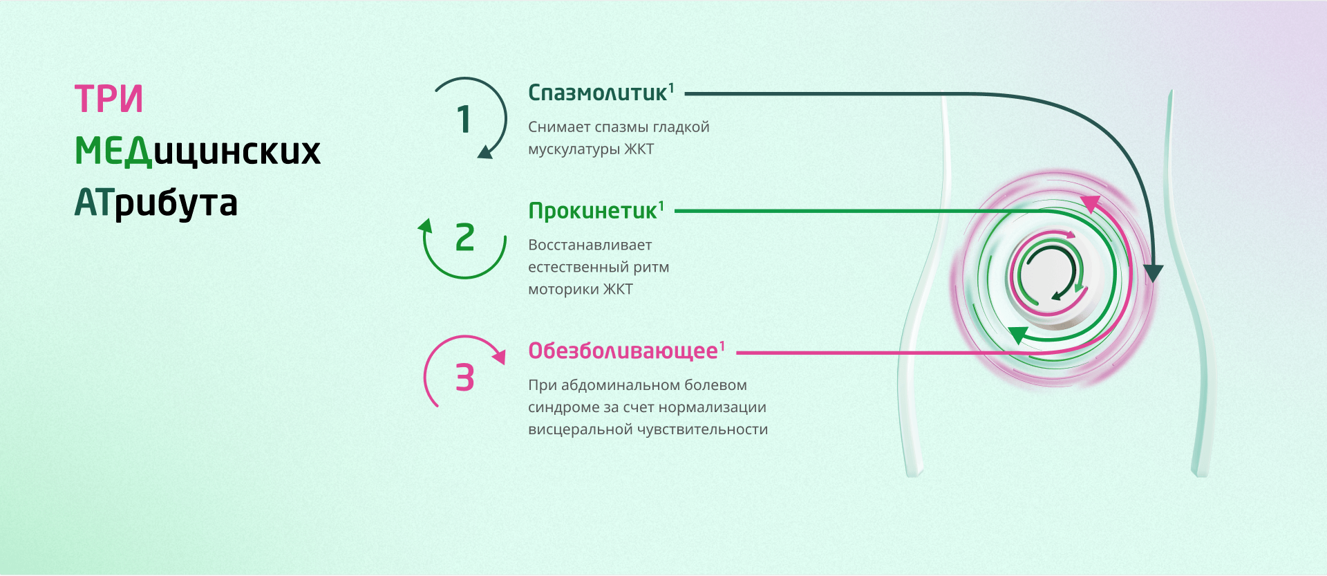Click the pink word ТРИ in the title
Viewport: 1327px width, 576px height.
click(109, 98)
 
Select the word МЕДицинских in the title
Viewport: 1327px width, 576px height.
click(198, 151)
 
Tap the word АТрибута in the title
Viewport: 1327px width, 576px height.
click(156, 203)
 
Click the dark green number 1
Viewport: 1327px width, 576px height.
click(464, 119)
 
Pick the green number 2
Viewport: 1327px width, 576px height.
click(465, 237)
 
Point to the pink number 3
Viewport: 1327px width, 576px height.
click(464, 378)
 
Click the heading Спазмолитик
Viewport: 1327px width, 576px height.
click(598, 93)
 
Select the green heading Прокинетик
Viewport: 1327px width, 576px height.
click(592, 211)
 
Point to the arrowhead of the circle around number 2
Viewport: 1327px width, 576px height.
click(425, 225)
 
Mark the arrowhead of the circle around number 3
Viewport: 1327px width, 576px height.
click(498, 355)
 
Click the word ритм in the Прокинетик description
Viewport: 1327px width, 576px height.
click(651, 268)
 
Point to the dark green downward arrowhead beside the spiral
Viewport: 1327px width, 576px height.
click(1153, 274)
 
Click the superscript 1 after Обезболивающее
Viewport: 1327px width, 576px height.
click(722, 346)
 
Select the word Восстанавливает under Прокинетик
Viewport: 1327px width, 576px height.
click(590, 245)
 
